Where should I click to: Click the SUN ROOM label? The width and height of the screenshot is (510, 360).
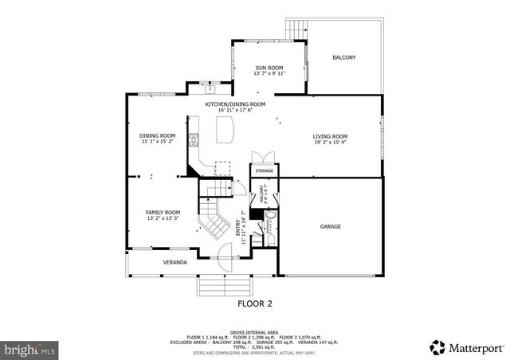(269, 68)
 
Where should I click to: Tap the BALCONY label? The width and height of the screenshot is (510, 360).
(343, 57)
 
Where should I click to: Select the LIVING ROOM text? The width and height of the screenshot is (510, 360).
(329, 136)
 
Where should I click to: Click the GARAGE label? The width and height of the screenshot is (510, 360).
(331, 226)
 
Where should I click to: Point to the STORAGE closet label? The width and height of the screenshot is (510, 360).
(265, 170)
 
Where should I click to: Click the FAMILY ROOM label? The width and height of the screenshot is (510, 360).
(162, 213)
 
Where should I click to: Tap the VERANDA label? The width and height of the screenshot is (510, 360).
(175, 262)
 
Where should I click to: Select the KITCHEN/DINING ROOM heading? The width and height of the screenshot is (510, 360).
(235, 104)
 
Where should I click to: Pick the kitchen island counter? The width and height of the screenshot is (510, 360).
(226, 129)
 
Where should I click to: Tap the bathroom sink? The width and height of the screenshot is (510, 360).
(270, 216)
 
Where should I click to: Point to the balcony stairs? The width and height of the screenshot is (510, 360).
(296, 29)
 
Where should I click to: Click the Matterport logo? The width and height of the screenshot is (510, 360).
(467, 347)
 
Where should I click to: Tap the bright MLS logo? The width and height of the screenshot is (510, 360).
(29, 349)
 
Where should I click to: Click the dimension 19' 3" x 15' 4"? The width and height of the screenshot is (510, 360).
(329, 143)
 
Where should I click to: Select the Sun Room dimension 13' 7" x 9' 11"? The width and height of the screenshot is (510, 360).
(269, 74)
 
